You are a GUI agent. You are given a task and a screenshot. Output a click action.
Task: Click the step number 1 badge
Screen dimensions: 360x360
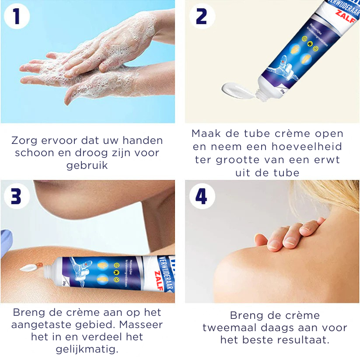pyautogui.click(x=17, y=16)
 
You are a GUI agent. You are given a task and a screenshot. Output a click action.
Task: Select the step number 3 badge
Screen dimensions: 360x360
pyautogui.click(x=17, y=196)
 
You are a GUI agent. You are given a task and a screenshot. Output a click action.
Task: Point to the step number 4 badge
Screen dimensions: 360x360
pyautogui.click(x=201, y=196)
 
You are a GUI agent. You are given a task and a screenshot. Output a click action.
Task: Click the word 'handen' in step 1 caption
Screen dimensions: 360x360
pyautogui.click(x=142, y=141)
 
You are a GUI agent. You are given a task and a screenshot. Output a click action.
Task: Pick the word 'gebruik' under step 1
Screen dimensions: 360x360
pyautogui.click(x=87, y=165)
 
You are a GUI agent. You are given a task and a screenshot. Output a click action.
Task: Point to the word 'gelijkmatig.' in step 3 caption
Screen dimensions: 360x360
pyautogui.click(x=87, y=350)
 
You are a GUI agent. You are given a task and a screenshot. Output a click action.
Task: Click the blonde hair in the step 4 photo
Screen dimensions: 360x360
pyautogui.click(x=332, y=197)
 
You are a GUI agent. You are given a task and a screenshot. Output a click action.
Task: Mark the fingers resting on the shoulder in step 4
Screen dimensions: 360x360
pyautogui.click(x=284, y=234)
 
